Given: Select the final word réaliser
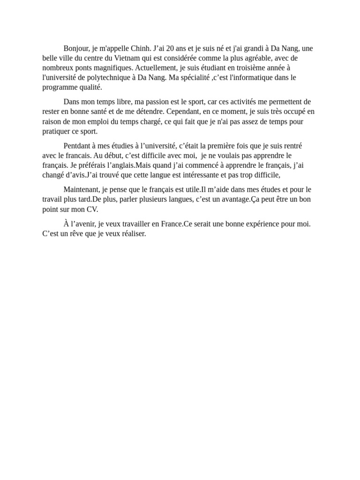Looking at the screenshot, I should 133,233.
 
